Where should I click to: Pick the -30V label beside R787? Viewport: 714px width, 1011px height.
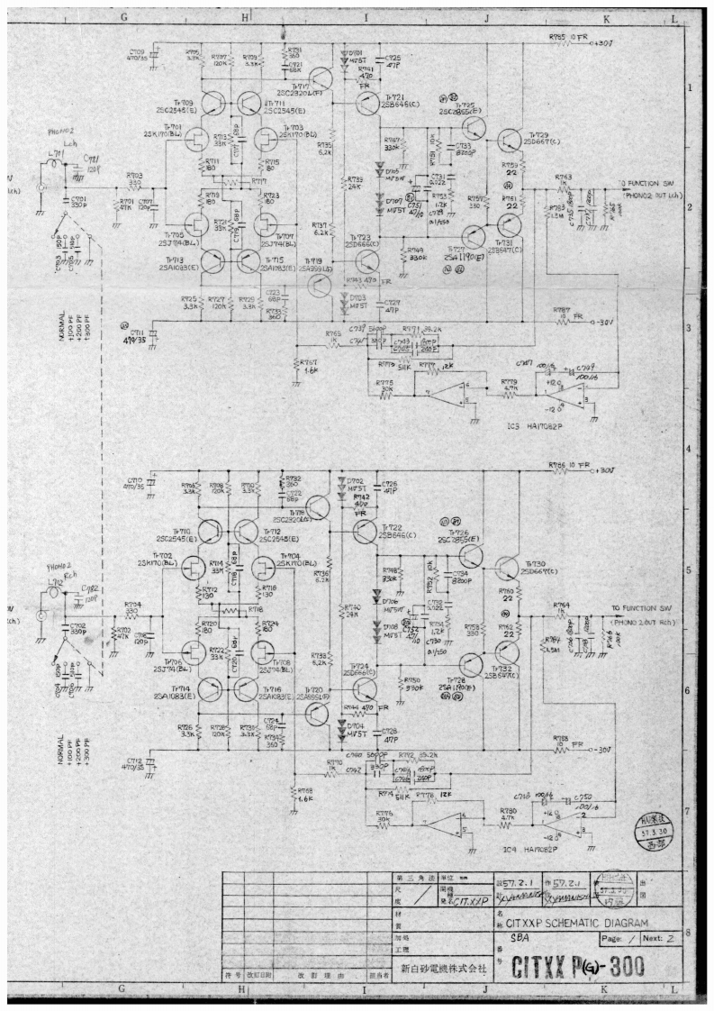click(611, 322)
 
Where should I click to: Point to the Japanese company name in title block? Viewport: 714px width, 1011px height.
click(438, 967)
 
